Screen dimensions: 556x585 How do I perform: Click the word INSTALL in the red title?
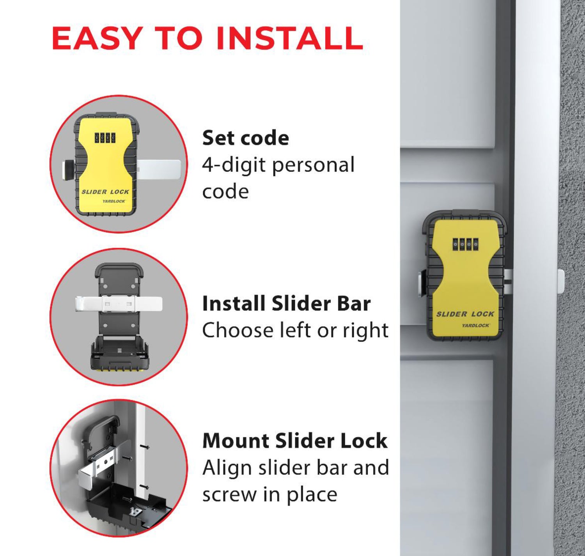coord(289,38)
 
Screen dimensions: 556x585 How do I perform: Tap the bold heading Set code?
coord(245,138)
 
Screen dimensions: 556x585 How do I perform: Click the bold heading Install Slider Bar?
coord(286,304)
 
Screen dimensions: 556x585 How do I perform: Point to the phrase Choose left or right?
coord(295,331)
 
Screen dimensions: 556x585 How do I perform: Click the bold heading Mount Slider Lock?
coord(295,441)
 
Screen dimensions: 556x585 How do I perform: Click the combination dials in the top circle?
coord(105,138)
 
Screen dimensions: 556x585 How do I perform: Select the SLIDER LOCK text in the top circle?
coord(105,192)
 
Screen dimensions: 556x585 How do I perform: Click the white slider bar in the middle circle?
coord(118,303)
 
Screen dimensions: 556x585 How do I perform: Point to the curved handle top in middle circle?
coord(119,267)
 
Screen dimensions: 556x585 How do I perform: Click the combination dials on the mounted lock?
coord(465,244)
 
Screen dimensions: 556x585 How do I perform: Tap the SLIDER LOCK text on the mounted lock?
coord(465,314)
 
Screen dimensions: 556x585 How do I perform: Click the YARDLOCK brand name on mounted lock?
coord(475,325)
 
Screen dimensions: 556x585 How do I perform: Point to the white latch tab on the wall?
coord(561,281)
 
